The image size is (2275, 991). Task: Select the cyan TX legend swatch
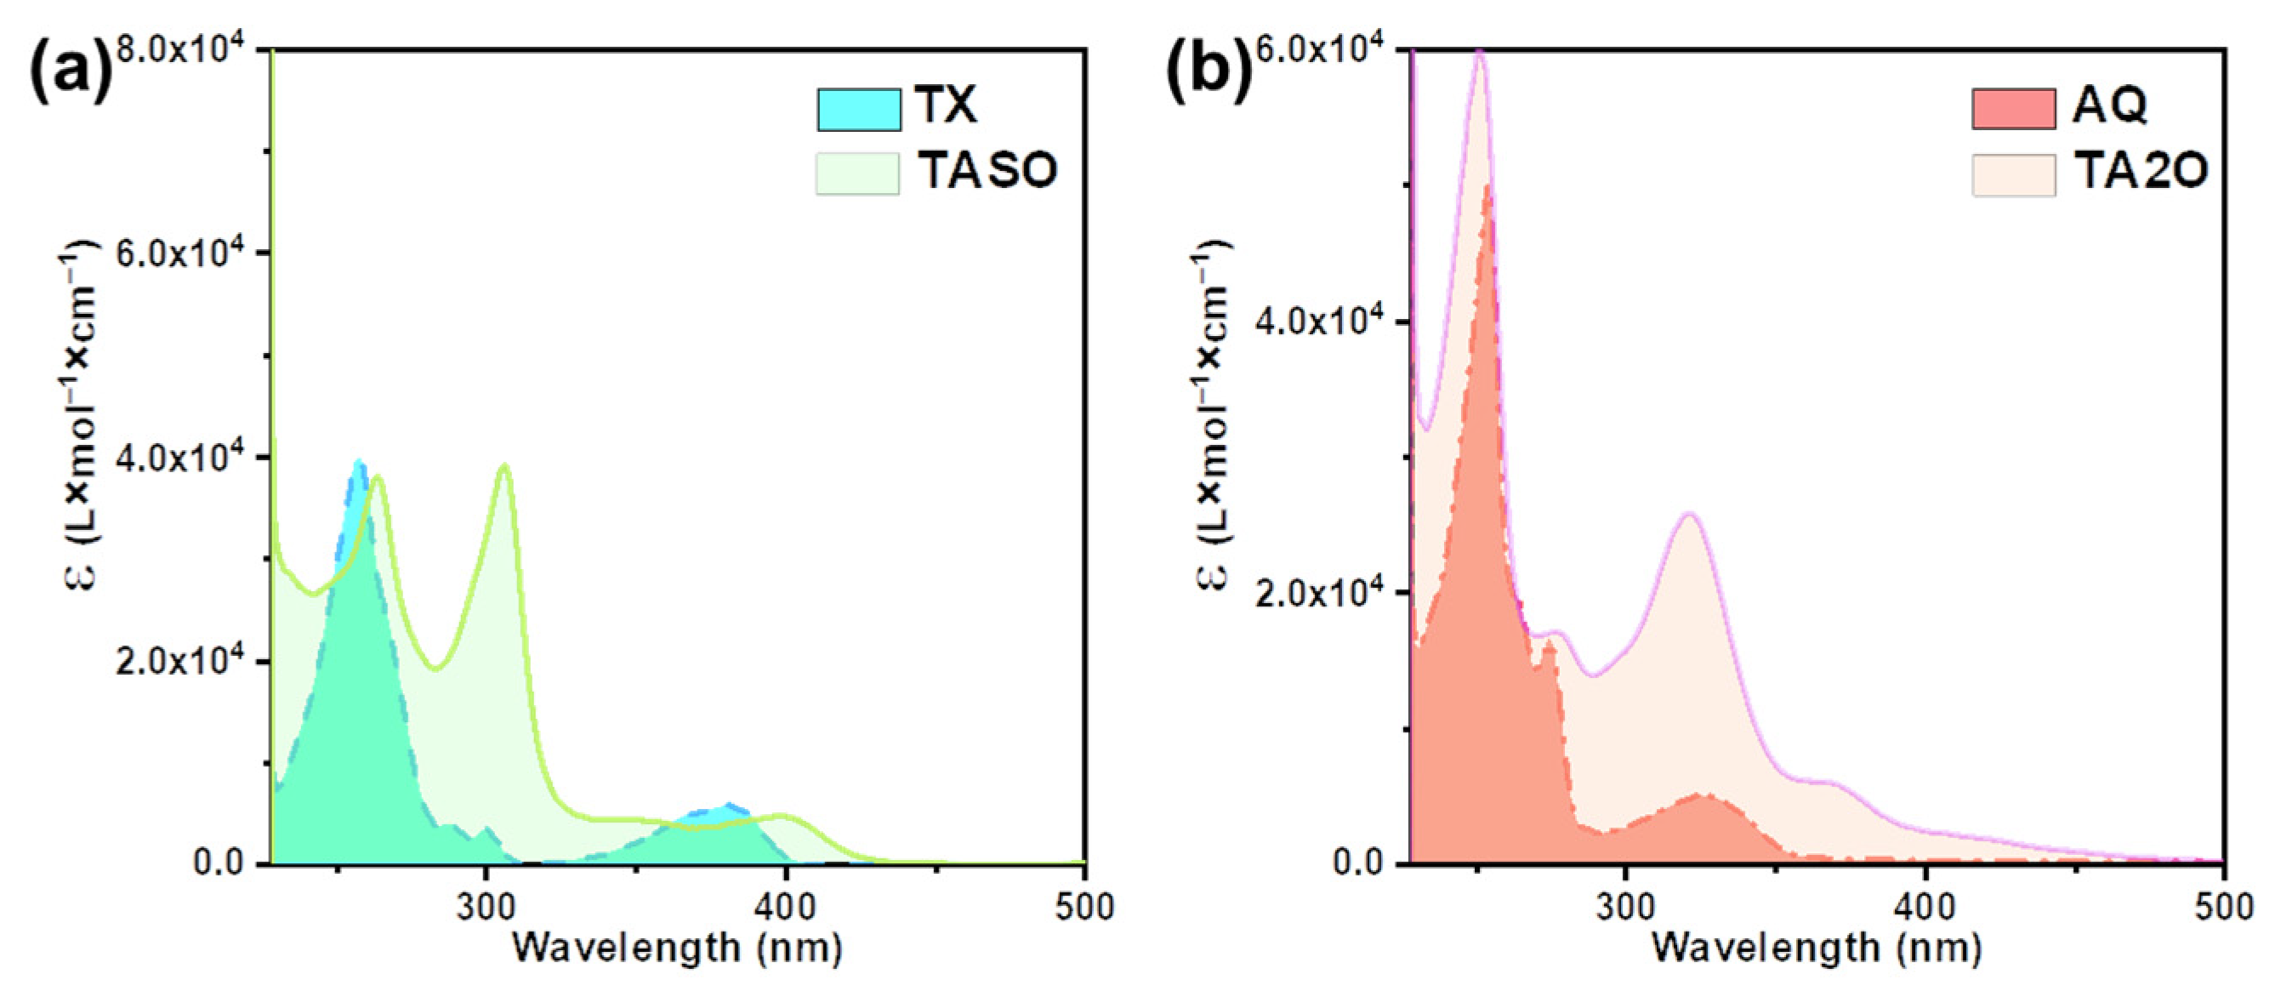858,110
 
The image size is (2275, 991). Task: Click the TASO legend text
987,170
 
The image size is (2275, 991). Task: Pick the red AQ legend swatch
2014,110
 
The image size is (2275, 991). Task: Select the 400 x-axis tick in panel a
785,907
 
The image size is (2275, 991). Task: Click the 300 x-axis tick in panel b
1624,907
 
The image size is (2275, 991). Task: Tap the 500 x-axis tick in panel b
2223,907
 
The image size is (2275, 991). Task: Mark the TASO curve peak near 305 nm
504,465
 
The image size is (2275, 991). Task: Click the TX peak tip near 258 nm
358,462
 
